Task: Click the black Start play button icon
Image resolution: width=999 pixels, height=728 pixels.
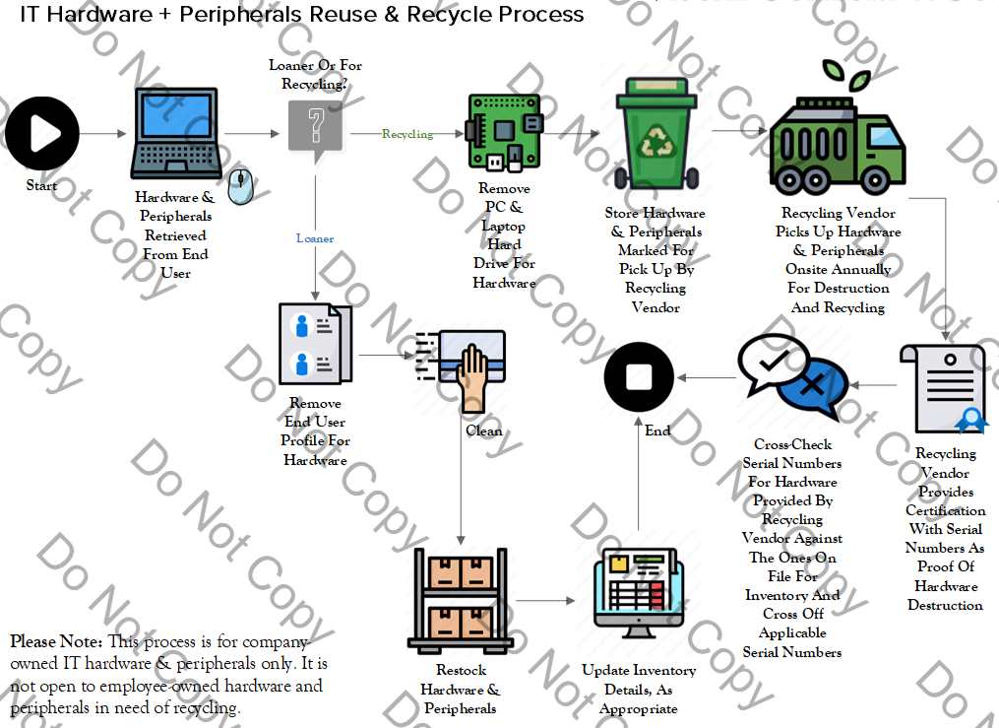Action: tap(41, 133)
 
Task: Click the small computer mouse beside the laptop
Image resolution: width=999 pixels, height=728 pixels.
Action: tap(242, 182)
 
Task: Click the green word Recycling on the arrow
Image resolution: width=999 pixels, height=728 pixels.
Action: tap(406, 134)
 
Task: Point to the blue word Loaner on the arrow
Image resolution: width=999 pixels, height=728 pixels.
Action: tap(315, 238)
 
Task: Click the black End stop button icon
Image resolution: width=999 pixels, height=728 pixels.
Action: tap(639, 378)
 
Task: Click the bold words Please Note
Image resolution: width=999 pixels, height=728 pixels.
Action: tap(50, 641)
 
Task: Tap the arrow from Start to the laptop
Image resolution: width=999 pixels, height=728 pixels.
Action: tap(102, 133)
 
